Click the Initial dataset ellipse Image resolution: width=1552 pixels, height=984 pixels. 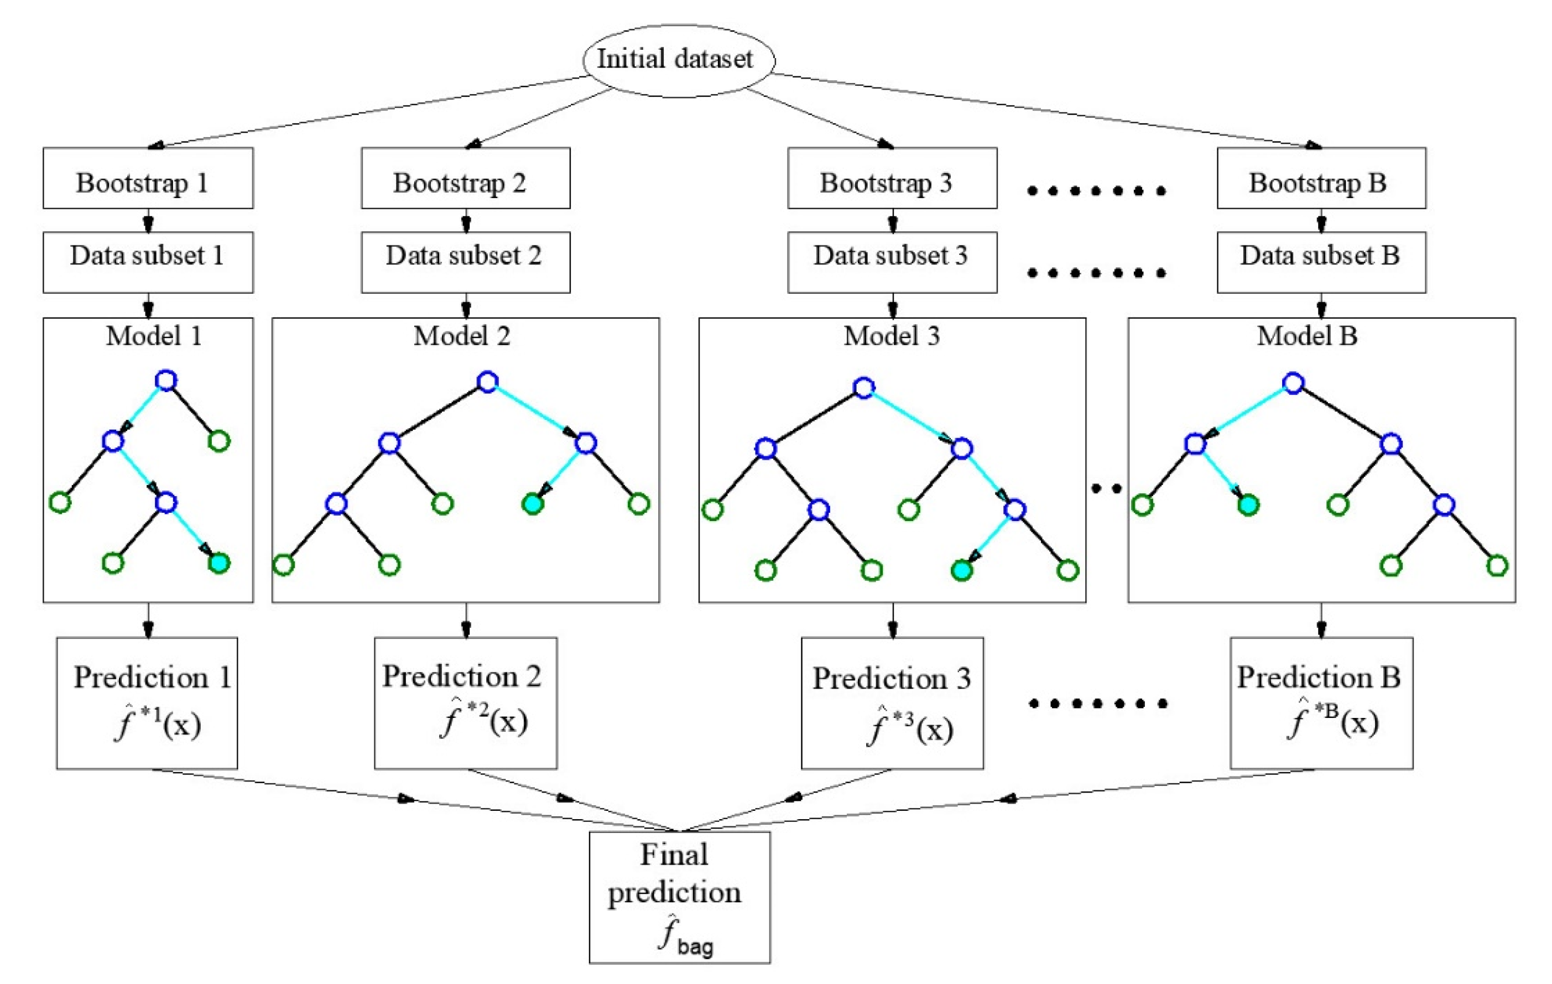[x=678, y=60]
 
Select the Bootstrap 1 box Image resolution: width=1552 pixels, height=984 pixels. [x=148, y=179]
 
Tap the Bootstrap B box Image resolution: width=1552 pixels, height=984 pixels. [x=1321, y=179]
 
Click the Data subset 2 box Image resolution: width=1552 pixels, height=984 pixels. [x=465, y=262]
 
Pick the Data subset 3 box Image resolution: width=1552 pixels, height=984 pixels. [x=892, y=262]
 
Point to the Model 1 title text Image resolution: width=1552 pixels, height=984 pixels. [x=153, y=336]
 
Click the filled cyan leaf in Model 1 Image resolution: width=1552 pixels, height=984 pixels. [x=219, y=563]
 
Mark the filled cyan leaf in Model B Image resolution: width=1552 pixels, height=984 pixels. [x=1248, y=504]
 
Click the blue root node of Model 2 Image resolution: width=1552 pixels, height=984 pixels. [x=487, y=382]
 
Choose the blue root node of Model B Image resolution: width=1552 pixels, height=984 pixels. [x=1293, y=383]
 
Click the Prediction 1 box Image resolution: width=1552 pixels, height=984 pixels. [x=147, y=703]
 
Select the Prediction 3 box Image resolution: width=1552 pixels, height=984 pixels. [x=892, y=703]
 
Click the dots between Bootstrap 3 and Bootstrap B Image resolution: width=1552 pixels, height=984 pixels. [x=1096, y=191]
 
